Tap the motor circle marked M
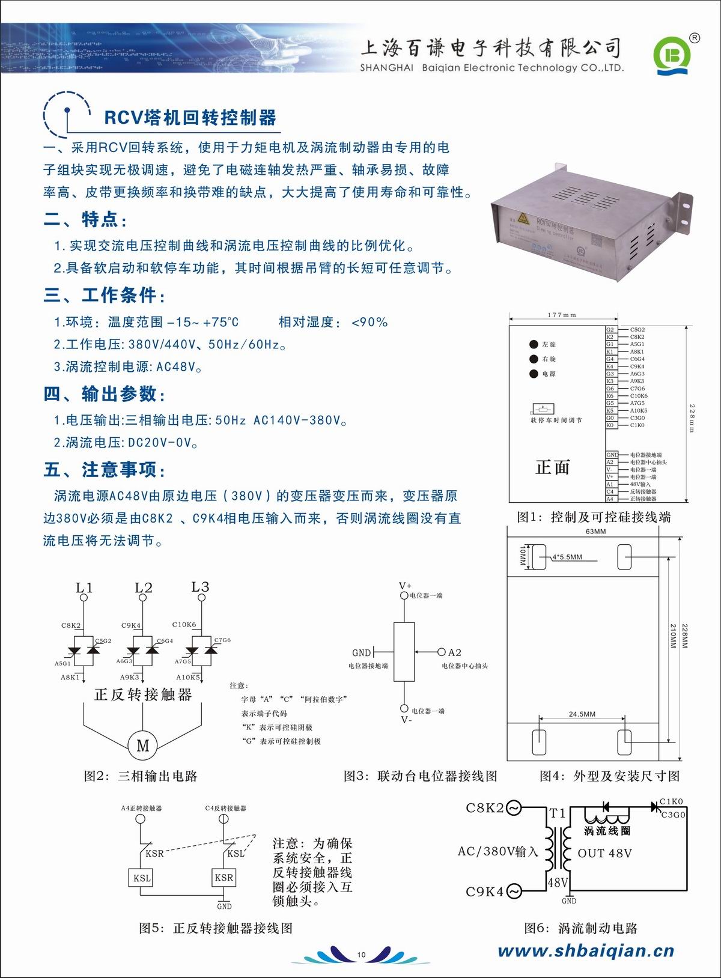point(143,746)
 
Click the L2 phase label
point(144,588)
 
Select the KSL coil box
point(142,878)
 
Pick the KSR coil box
point(224,878)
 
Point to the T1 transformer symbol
point(558,847)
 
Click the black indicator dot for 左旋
point(534,344)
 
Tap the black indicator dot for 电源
point(534,374)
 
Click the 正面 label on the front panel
point(552,467)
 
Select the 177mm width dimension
point(562,315)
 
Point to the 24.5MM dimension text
point(582,714)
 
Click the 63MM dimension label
point(595,532)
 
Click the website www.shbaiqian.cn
point(586,950)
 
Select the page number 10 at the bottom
point(361,954)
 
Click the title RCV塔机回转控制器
point(190,117)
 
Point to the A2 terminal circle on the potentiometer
point(442,652)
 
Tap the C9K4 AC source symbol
point(513,891)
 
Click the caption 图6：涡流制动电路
point(580,928)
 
